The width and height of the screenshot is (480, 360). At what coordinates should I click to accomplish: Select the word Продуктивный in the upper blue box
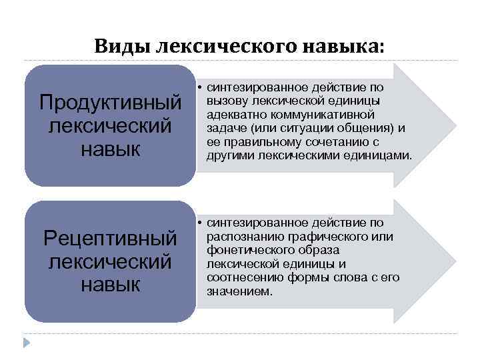(x=111, y=103)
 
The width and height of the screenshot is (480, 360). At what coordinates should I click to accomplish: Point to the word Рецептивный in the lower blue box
(x=111, y=238)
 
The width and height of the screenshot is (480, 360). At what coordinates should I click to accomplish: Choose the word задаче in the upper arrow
(x=225, y=128)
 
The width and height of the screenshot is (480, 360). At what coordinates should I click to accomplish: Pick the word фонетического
(x=250, y=250)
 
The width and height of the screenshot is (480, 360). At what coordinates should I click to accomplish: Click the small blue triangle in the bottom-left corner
(x=27, y=343)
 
